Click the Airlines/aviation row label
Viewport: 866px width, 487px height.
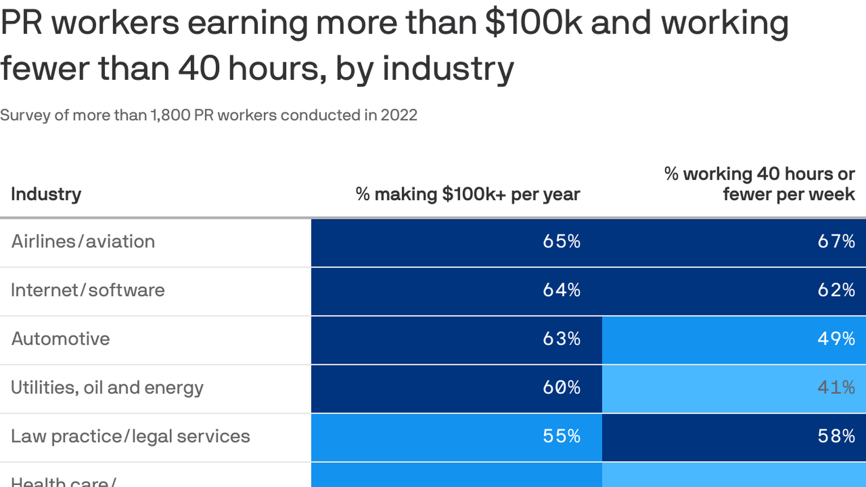tap(83, 242)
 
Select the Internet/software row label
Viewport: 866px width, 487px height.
tap(88, 290)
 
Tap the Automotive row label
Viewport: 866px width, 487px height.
tap(60, 339)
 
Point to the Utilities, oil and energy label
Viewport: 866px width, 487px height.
tap(107, 388)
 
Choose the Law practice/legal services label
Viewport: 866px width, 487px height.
tap(130, 436)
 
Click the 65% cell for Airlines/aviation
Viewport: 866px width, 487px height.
tap(561, 242)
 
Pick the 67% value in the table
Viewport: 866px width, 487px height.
tap(836, 242)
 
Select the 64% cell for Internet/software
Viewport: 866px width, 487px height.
tap(561, 290)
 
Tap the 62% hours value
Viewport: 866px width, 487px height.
tap(836, 290)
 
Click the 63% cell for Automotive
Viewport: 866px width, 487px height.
tap(561, 339)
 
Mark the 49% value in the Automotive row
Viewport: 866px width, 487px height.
tap(836, 339)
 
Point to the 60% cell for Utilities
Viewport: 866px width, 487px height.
tap(561, 388)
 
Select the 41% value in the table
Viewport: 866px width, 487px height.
tap(836, 388)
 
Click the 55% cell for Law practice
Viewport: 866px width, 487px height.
tap(561, 436)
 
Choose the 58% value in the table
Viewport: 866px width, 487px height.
tap(836, 436)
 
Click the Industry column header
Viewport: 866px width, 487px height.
tap(46, 194)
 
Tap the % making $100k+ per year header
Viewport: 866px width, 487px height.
tap(468, 194)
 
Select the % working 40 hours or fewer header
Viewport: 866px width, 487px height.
tap(760, 184)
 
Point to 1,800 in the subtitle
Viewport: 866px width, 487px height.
tap(170, 115)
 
